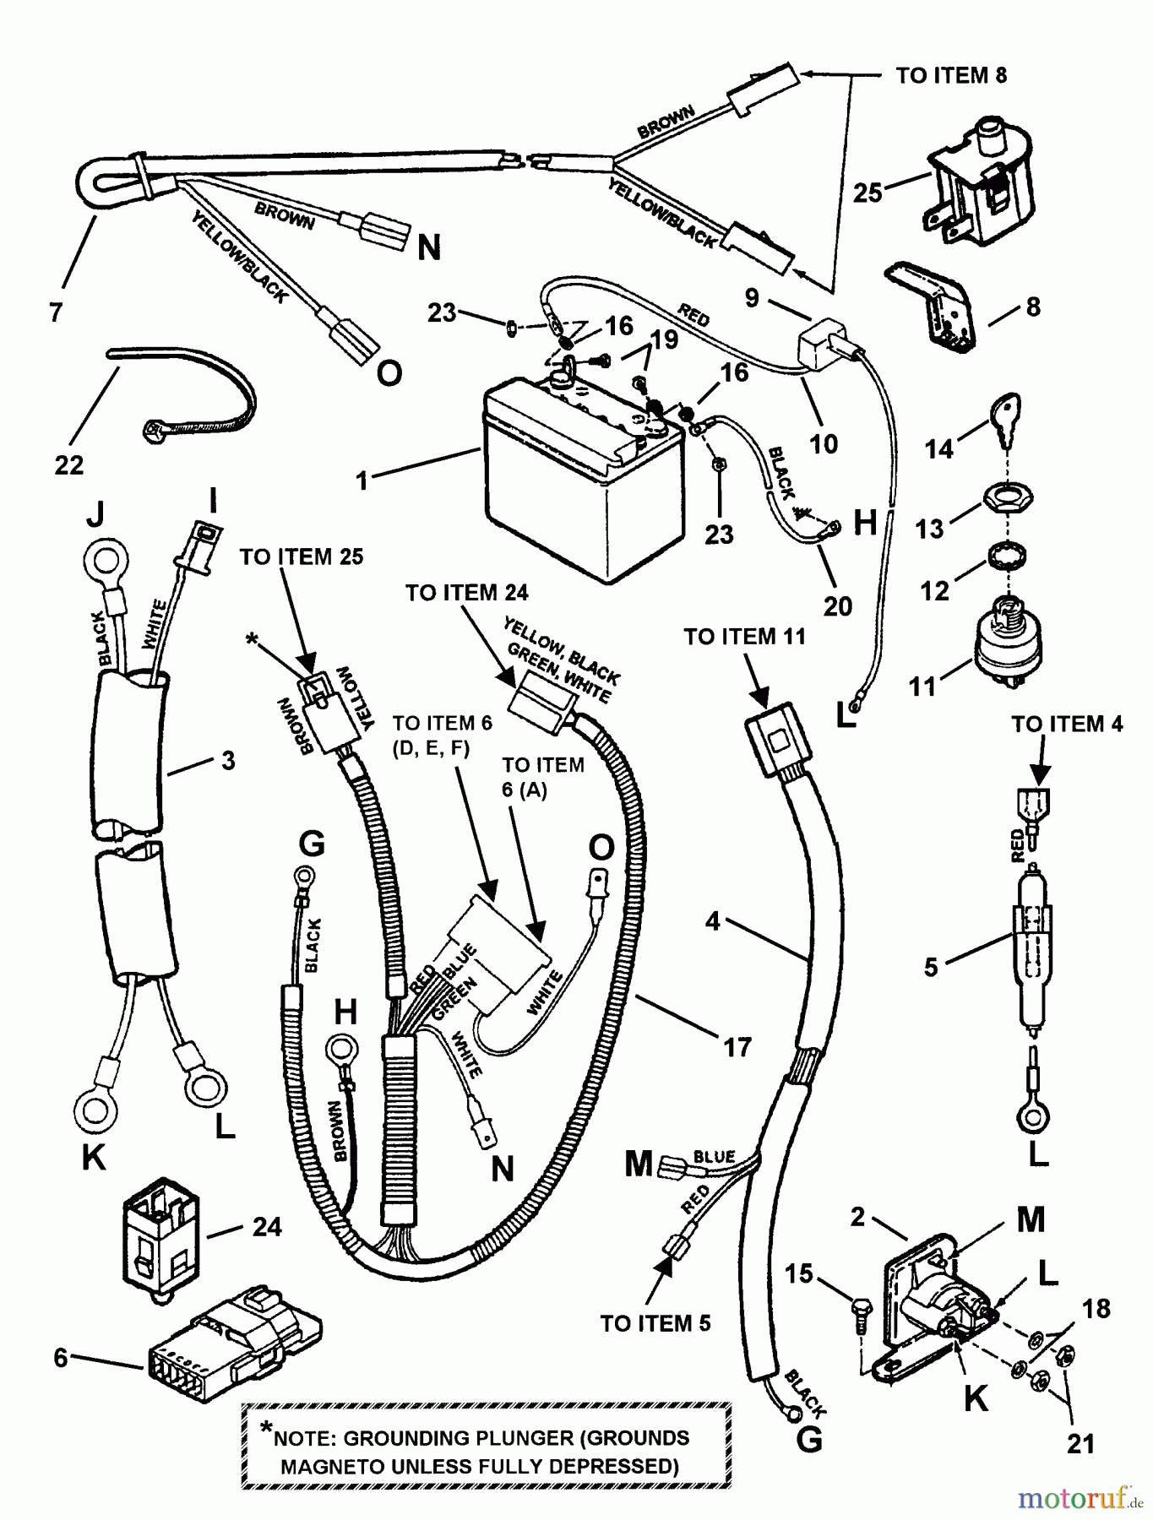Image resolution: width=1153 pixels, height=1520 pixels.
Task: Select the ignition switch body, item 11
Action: [x=1008, y=646]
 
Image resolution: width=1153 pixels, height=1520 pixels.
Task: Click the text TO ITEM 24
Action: [x=466, y=593]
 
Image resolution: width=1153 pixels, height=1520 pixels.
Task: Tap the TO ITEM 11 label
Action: [x=744, y=636]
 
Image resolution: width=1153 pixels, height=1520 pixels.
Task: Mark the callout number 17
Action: [x=737, y=1047]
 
